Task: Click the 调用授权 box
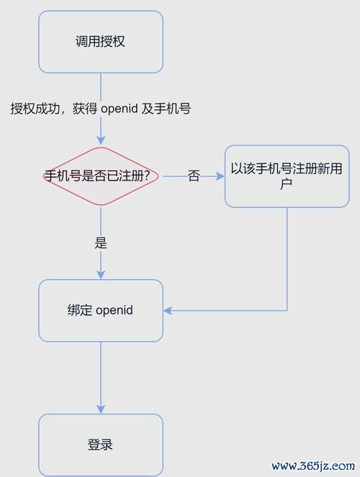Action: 101,42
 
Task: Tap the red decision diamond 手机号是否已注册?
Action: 101,176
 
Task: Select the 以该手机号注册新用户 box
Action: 287,176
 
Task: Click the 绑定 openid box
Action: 101,311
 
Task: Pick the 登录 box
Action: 101,445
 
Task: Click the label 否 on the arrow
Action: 194,176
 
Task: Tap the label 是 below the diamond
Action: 101,242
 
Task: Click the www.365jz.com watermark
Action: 313,465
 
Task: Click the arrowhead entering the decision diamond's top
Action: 101,141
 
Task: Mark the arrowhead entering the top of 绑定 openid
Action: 101,275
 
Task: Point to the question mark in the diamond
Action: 147,176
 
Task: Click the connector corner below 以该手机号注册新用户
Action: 287,311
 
